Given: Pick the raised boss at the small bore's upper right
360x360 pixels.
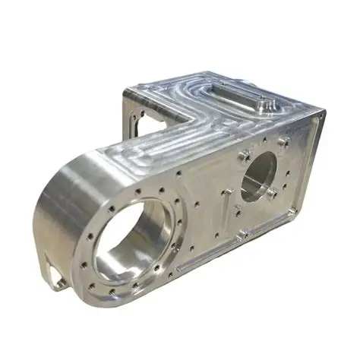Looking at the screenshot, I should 283,142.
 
